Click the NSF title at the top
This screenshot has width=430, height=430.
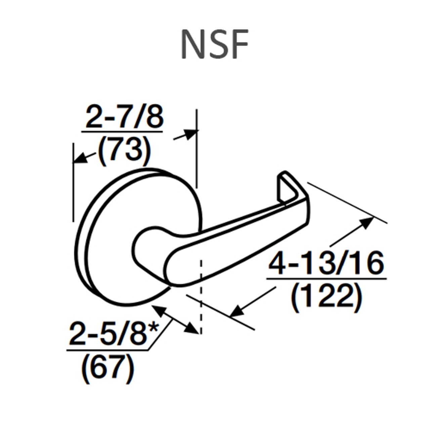[x=215, y=45]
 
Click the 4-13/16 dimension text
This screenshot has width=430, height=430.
[x=326, y=264]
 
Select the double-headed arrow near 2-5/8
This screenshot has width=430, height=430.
[x=175, y=319]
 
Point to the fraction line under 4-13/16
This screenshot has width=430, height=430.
[x=326, y=278]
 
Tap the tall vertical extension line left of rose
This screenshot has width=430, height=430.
[x=73, y=181]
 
